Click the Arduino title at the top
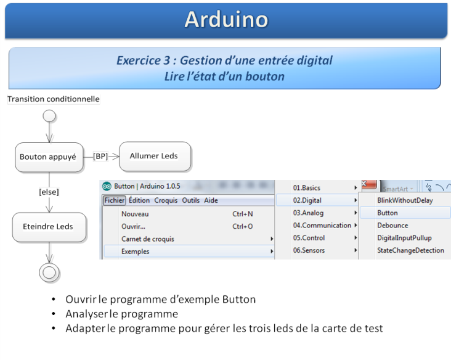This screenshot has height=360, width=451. point(226,20)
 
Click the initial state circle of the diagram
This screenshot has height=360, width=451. point(49,117)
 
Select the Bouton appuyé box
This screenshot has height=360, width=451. point(49,157)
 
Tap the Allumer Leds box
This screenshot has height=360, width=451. point(155,156)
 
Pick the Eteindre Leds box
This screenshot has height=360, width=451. point(49,227)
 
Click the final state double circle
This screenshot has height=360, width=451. point(49,272)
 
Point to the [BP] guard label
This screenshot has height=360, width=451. point(100,156)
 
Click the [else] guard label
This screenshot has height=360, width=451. point(49,192)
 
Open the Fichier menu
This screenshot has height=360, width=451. point(114,200)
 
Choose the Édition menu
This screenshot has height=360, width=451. point(139,200)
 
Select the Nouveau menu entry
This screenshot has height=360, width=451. point(135,214)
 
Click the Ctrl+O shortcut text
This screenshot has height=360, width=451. point(243,226)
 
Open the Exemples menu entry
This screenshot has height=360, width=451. point(135,252)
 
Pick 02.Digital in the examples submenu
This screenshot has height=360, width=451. point(307,200)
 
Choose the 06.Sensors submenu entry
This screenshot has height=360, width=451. point(309,250)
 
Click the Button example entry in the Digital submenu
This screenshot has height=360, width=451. point(388,213)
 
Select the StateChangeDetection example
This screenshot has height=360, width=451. point(410,250)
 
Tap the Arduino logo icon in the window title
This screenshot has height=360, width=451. point(107,187)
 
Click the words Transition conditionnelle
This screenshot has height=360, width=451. point(54,99)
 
